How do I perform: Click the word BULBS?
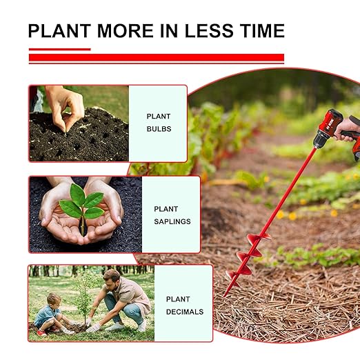point(159,129)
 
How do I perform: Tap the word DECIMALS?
point(185,312)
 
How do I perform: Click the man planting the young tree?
point(124,297)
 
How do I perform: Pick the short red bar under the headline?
point(59,49)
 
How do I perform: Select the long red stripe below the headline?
point(157,58)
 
